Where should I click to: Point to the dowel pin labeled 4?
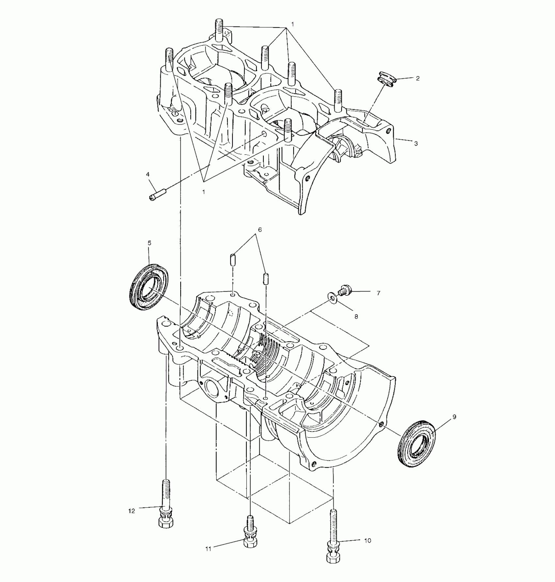[x=158, y=195]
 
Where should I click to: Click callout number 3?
[x=416, y=143]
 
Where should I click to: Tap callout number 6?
[x=260, y=230]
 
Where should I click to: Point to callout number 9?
[x=454, y=417]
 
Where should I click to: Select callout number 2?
[x=418, y=78]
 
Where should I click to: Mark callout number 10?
[x=368, y=541]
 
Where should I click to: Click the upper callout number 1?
[x=293, y=24]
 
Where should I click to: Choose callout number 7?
[x=378, y=293]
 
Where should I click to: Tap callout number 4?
[x=148, y=175]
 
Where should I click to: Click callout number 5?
[x=149, y=243]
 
